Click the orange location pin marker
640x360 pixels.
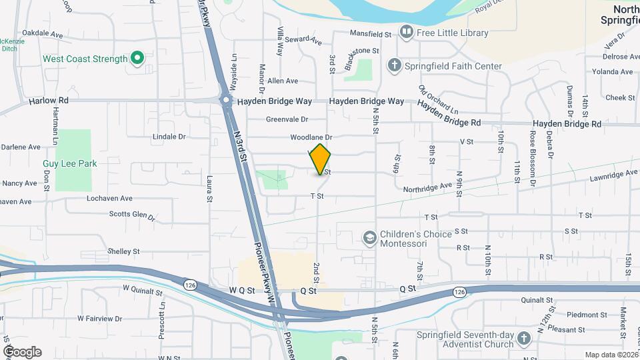(321, 159)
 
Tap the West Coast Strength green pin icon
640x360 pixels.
(137, 59)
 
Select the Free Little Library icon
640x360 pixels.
(406, 32)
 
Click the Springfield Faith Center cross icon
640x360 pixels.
(394, 65)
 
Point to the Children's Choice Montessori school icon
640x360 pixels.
(369, 238)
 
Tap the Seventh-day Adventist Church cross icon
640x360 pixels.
(523, 339)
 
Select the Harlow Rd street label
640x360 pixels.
(49, 101)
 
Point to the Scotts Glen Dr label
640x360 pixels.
(132, 215)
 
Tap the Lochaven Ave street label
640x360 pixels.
(109, 198)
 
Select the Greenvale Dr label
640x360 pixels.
(287, 120)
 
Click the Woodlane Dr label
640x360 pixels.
(311, 137)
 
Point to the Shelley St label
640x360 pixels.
(123, 251)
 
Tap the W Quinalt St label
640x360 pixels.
(143, 291)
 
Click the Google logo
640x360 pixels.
(22, 351)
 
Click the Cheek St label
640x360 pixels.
(619, 97)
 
